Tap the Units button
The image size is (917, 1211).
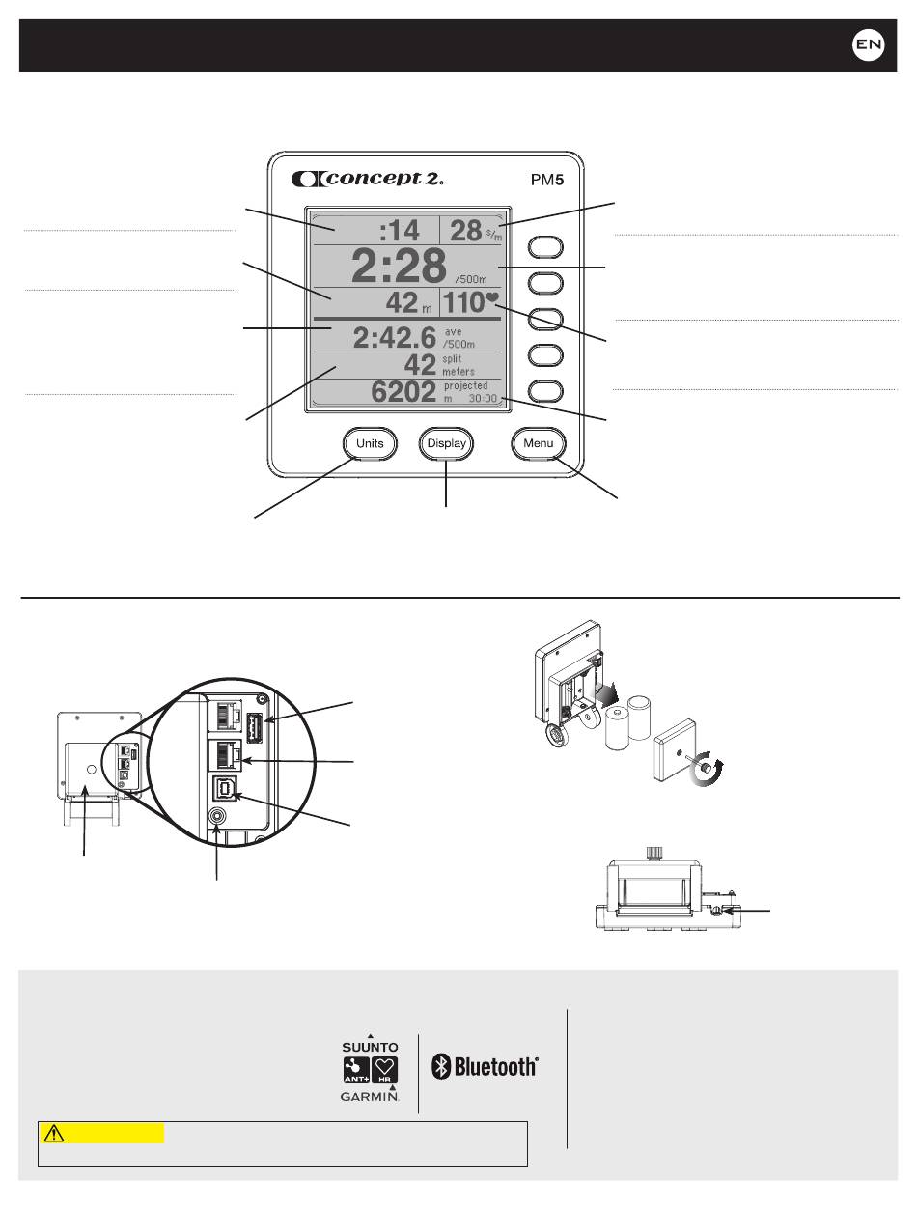point(370,444)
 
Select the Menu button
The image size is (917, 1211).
point(539,444)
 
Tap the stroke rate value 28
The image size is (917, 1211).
point(466,231)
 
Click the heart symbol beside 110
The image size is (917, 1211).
point(492,299)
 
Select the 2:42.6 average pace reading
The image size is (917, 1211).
point(395,338)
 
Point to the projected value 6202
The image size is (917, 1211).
point(395,391)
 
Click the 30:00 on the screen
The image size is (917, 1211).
point(483,398)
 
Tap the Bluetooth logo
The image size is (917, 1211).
point(485,1067)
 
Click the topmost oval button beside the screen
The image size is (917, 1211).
point(545,247)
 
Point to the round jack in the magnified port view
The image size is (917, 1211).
point(218,815)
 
